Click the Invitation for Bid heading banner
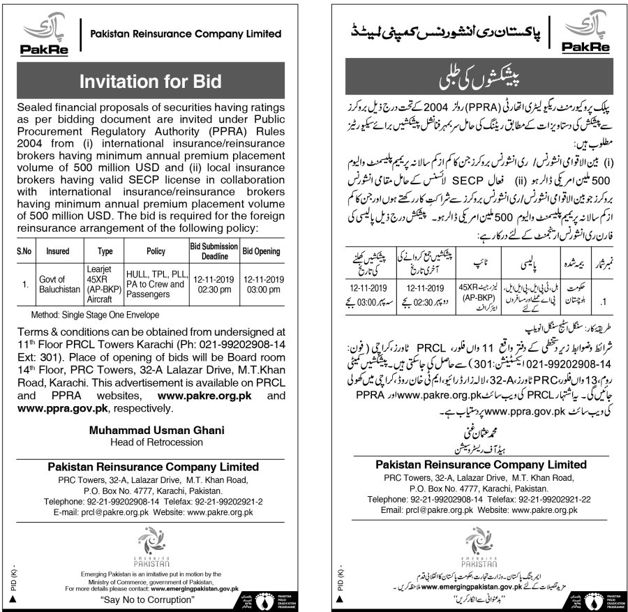coord(151,81)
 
